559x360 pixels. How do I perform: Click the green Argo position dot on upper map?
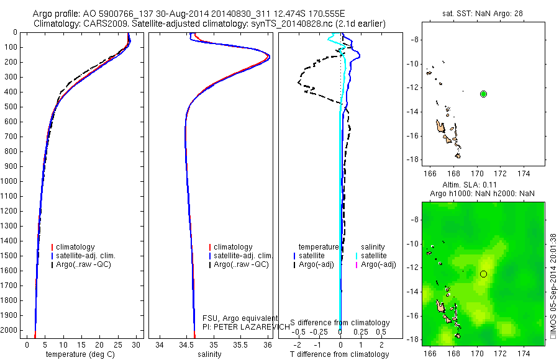[484, 94]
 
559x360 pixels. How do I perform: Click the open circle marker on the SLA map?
[484, 274]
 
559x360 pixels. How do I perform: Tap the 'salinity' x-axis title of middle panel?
[209, 354]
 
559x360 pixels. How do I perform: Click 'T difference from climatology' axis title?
[339, 354]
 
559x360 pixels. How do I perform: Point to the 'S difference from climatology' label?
[340, 323]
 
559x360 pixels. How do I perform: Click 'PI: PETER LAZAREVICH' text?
[246, 326]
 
